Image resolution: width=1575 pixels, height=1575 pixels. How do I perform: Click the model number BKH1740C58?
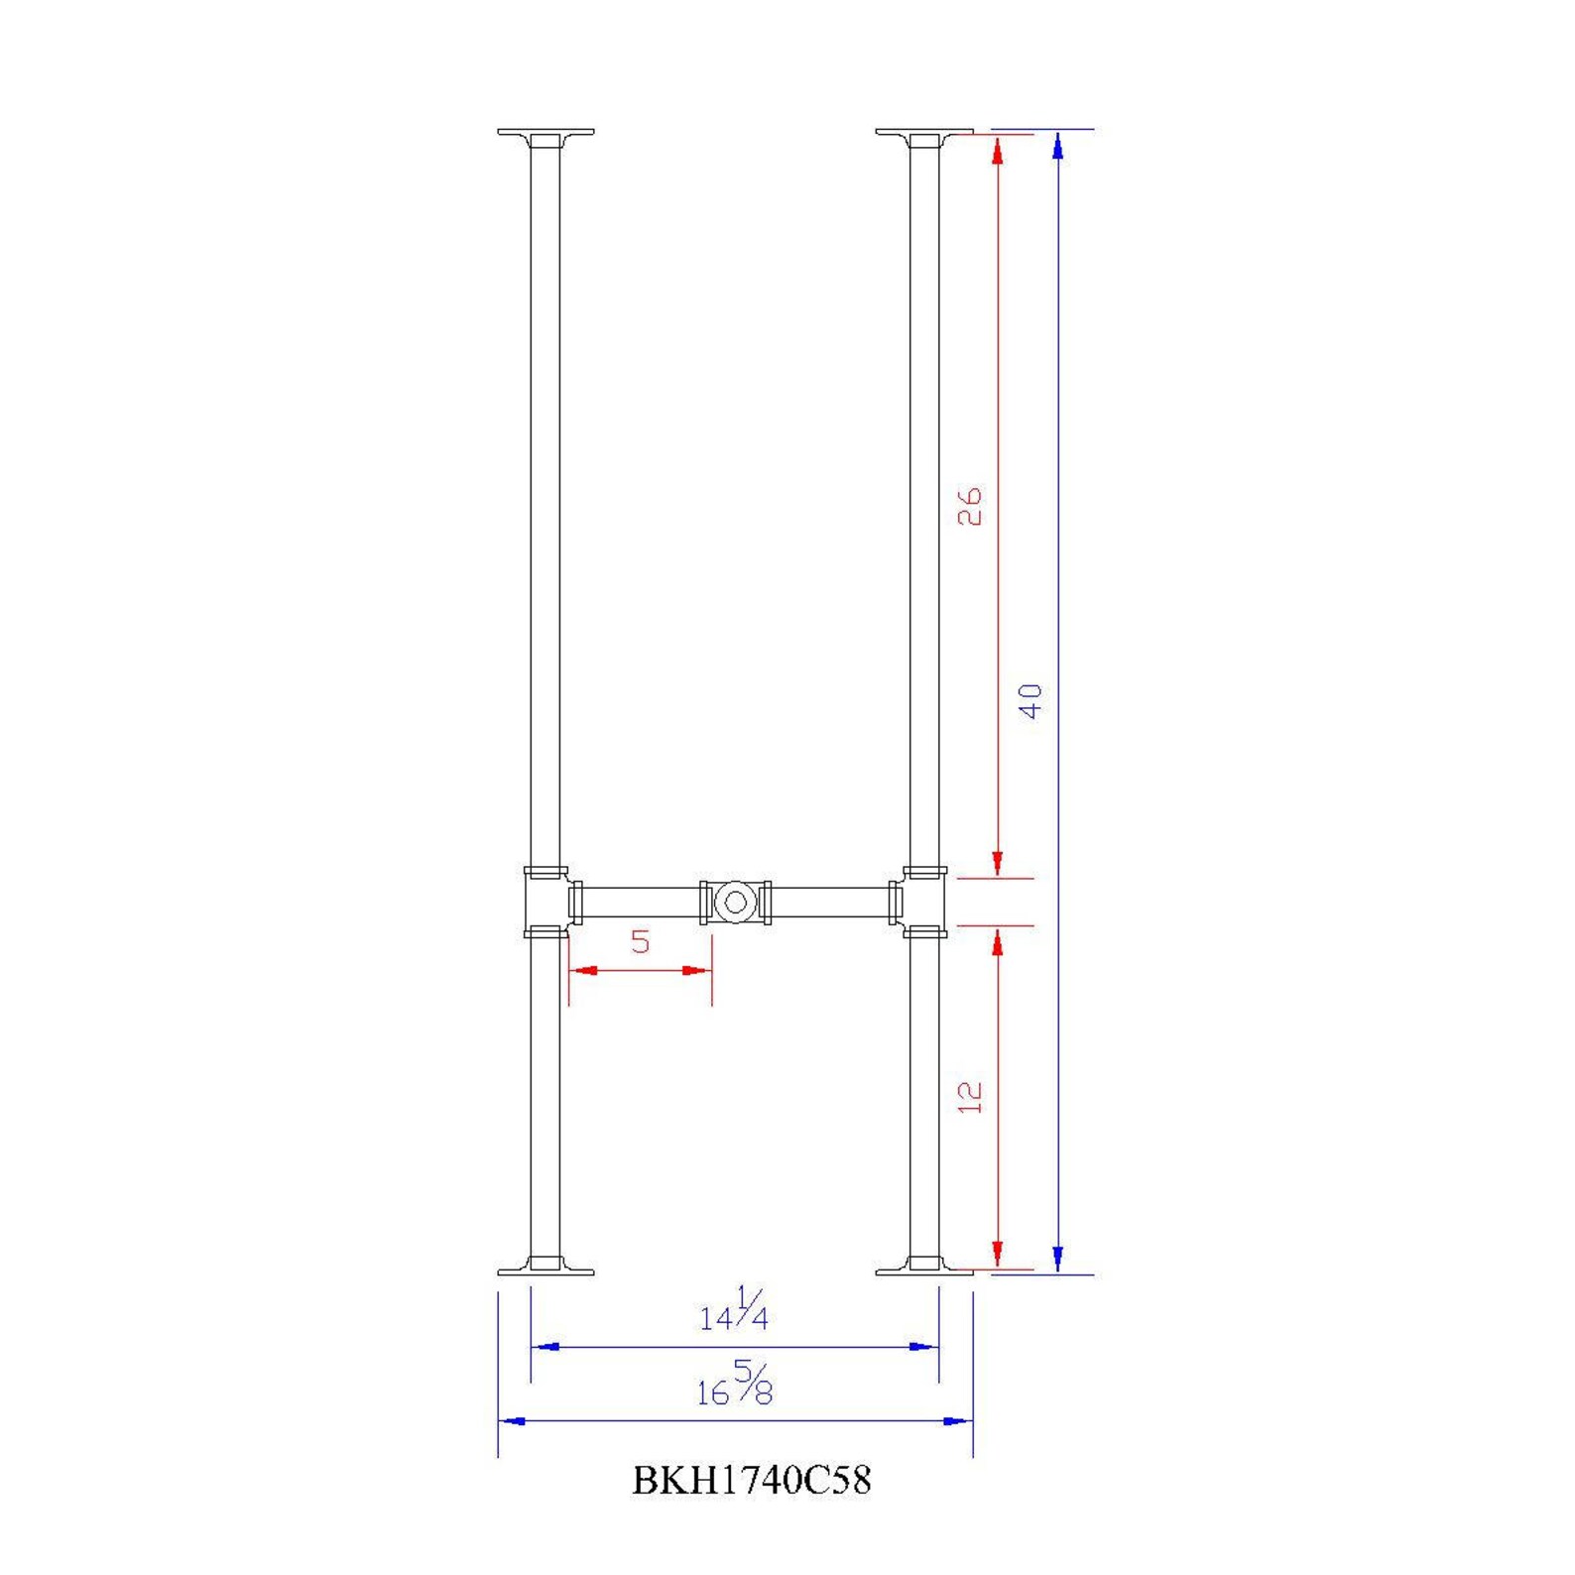coord(751,1481)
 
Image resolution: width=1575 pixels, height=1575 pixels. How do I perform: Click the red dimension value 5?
coord(641,941)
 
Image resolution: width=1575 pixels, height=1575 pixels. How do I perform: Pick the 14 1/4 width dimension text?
coord(734,1311)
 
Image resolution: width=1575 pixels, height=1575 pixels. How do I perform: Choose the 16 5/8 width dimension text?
coord(734,1385)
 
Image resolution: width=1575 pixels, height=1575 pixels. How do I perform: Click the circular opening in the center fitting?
coord(735,903)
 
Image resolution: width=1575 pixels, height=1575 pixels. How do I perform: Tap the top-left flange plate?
coord(545,133)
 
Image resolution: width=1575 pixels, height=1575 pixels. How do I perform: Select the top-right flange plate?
coord(924,133)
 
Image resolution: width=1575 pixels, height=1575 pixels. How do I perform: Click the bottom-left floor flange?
coord(545,1268)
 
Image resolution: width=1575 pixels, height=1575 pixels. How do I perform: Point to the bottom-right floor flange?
coord(924,1268)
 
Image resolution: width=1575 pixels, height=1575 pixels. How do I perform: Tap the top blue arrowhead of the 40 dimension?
coord(1058,145)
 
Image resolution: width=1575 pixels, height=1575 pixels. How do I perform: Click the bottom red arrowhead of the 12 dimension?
coord(998,1255)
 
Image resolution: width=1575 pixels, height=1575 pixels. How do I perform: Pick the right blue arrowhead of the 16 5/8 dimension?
coord(957,1421)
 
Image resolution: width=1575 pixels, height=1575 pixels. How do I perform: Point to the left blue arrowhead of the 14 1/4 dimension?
coord(545,1347)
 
